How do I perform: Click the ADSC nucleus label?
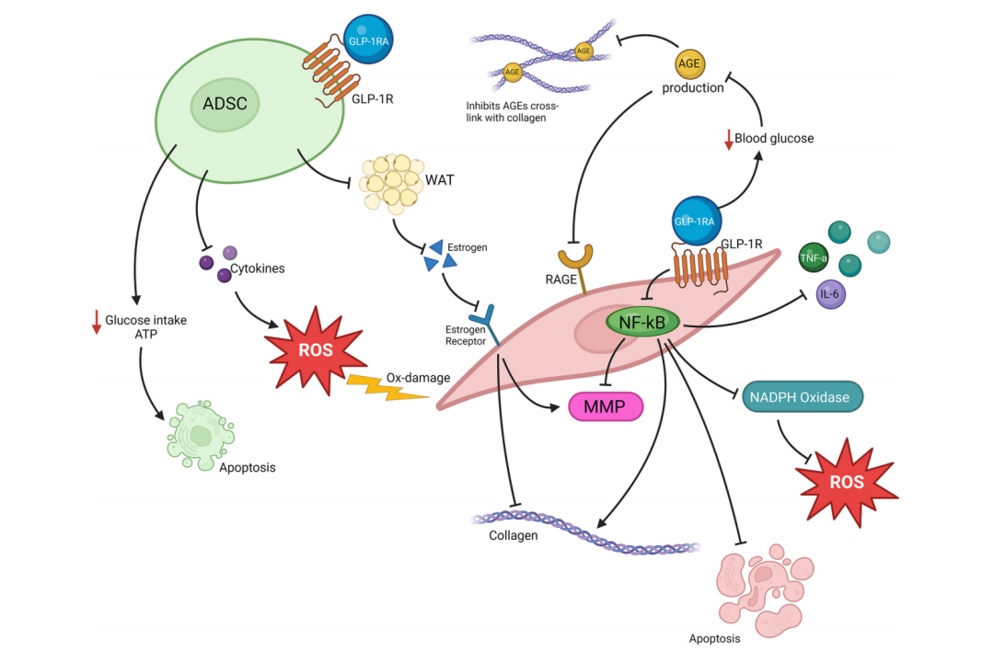point(225,104)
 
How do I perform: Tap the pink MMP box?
point(607,405)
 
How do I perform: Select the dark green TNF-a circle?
point(814,259)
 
